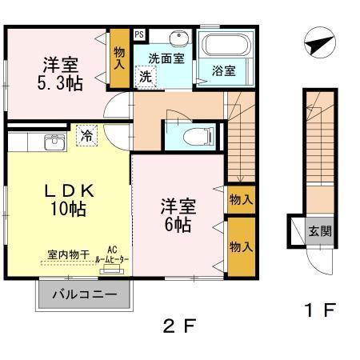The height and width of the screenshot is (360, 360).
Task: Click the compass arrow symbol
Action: pos(317,44)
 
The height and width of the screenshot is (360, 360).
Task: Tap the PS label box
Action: pos(139,34)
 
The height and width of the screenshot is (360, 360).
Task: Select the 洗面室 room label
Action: pos(166,58)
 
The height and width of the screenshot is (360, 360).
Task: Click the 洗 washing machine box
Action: pos(146,77)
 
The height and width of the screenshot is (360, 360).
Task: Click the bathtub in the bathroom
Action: pos(225,46)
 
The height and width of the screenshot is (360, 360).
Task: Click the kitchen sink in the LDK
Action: pos(54,142)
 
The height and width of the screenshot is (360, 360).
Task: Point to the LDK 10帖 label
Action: pos(70,200)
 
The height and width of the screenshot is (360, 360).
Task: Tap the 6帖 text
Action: pos(178,225)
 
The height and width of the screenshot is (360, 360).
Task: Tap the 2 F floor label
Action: pos(179,326)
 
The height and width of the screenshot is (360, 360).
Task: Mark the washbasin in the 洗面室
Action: pos(177,38)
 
